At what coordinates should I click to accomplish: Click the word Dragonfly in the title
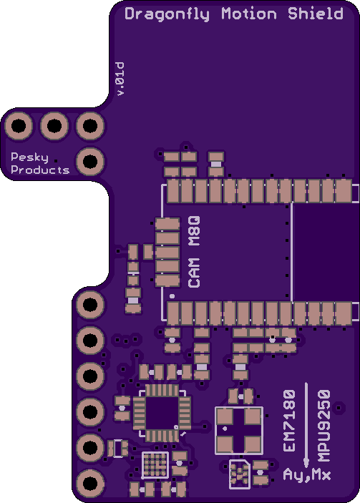coord(167,14)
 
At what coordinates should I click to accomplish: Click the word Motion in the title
coord(249,14)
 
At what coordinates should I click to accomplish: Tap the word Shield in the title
coord(316,14)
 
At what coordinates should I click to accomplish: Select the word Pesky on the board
coord(29,157)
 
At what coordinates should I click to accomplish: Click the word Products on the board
coord(40,170)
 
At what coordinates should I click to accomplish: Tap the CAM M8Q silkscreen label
coord(195,252)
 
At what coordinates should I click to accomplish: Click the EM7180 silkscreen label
coord(289,421)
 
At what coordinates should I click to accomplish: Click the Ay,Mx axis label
coord(307,475)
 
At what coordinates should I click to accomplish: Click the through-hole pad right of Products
coord(90,162)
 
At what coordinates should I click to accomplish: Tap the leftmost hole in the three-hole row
coord(19,126)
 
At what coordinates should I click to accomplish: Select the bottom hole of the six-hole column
coord(90,483)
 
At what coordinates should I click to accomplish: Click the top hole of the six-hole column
coord(90,304)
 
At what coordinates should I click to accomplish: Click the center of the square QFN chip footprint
coord(162,413)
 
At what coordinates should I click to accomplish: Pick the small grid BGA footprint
coord(155,465)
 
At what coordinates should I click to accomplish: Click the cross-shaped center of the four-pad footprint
coord(239,431)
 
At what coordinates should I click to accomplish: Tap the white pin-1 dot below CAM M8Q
coord(172,296)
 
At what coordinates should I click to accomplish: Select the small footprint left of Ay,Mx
coord(240,474)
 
